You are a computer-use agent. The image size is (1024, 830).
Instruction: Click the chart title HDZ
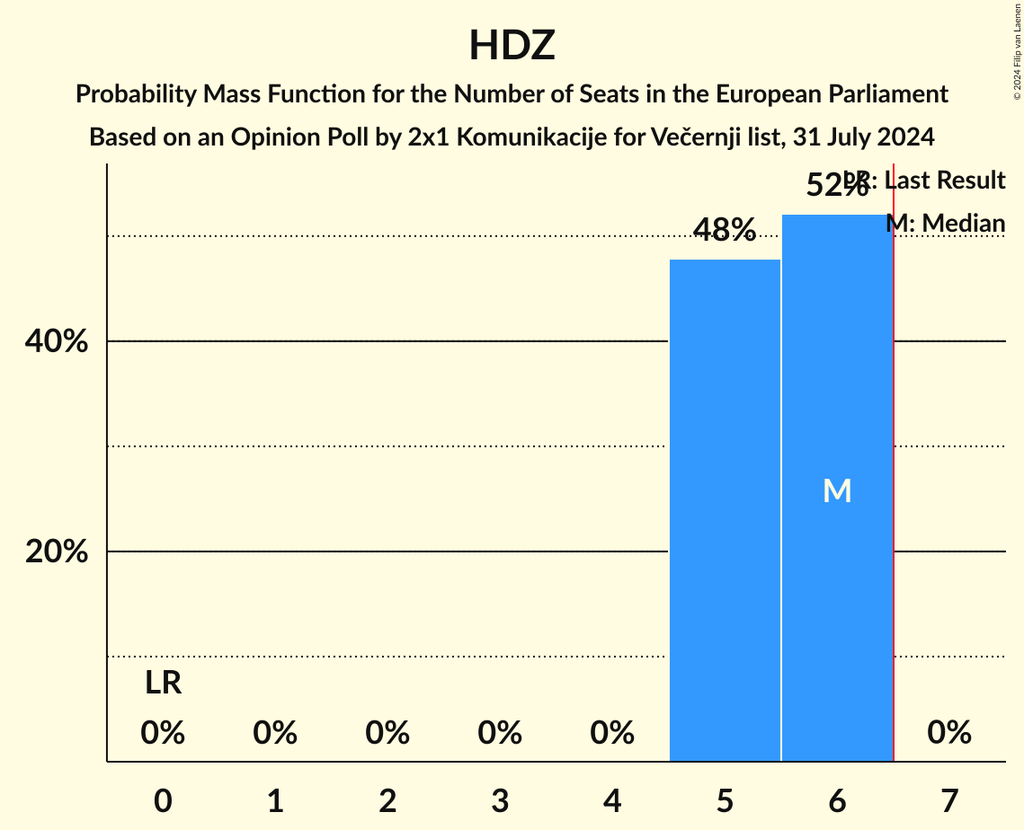(512, 46)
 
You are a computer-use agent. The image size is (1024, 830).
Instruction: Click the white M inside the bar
(837, 490)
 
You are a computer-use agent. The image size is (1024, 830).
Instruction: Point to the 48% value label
(725, 231)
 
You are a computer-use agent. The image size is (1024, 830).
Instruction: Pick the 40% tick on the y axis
(57, 342)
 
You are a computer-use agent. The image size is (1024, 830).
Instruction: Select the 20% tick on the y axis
(57, 552)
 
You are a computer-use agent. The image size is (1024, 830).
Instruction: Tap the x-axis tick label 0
(163, 800)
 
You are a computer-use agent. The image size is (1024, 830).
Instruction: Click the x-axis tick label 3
(500, 800)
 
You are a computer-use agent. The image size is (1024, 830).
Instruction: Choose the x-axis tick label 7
(949, 800)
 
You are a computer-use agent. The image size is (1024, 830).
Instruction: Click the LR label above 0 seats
(163, 684)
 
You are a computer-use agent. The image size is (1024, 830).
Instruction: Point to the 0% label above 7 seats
(949, 733)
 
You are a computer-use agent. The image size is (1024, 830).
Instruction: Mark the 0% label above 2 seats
(387, 733)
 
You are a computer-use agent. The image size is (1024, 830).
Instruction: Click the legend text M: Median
(945, 223)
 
